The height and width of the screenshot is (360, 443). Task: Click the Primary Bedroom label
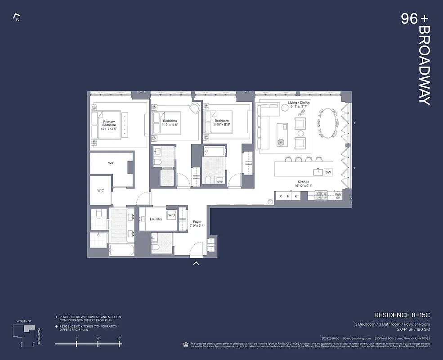pos(109,125)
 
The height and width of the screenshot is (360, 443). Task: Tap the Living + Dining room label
pos(299,105)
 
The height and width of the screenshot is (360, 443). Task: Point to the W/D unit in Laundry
pos(171,216)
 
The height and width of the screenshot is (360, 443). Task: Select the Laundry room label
pos(156,219)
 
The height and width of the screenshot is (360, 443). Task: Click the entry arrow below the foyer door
pos(196,263)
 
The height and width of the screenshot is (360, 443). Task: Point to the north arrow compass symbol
pos(17,18)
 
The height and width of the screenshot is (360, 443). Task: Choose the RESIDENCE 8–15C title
pos(402,315)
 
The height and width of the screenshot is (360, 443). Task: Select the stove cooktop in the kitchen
pos(321,195)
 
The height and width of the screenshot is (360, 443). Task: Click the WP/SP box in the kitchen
pos(337,196)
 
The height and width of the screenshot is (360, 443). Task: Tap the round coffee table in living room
pos(282,142)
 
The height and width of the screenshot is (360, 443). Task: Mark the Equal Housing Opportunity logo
pos(186,344)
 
